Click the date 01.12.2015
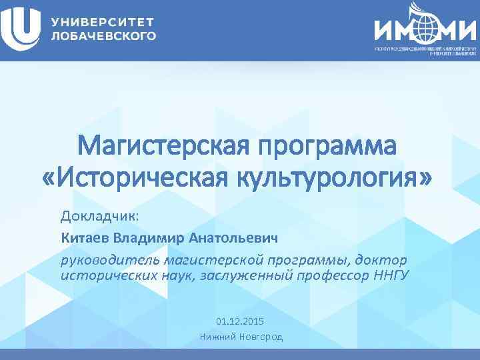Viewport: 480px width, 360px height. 241,321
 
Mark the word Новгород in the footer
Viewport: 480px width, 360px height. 260,337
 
